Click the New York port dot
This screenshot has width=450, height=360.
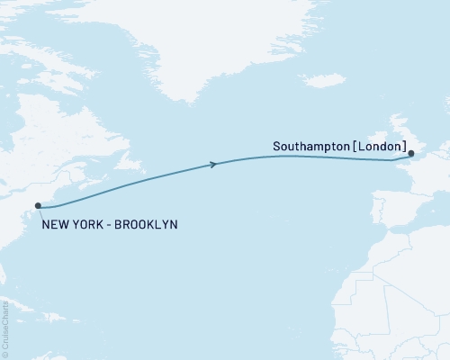39,206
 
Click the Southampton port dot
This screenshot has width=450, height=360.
411,152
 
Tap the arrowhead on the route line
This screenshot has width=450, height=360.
213,164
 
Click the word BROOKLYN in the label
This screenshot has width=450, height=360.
143,223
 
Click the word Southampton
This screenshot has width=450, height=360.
310,145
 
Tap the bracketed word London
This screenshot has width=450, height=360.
380,145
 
